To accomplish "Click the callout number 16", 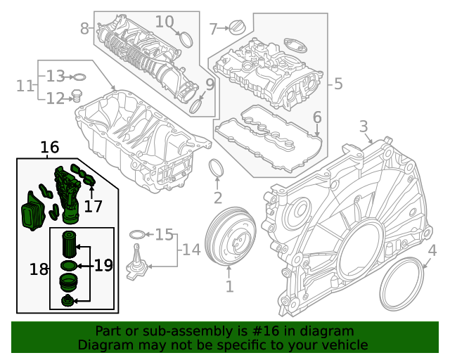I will tap(49, 148).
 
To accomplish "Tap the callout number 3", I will tap(364, 127).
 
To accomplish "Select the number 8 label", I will tap(84, 29).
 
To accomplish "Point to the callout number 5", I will tap(338, 84).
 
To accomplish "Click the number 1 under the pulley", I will tap(229, 286).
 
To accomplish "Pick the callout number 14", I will tap(191, 250).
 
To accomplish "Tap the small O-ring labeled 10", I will tap(186, 38).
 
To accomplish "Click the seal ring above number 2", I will tap(218, 169).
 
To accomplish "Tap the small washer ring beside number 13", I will tap(80, 76).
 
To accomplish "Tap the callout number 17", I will tap(93, 206).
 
